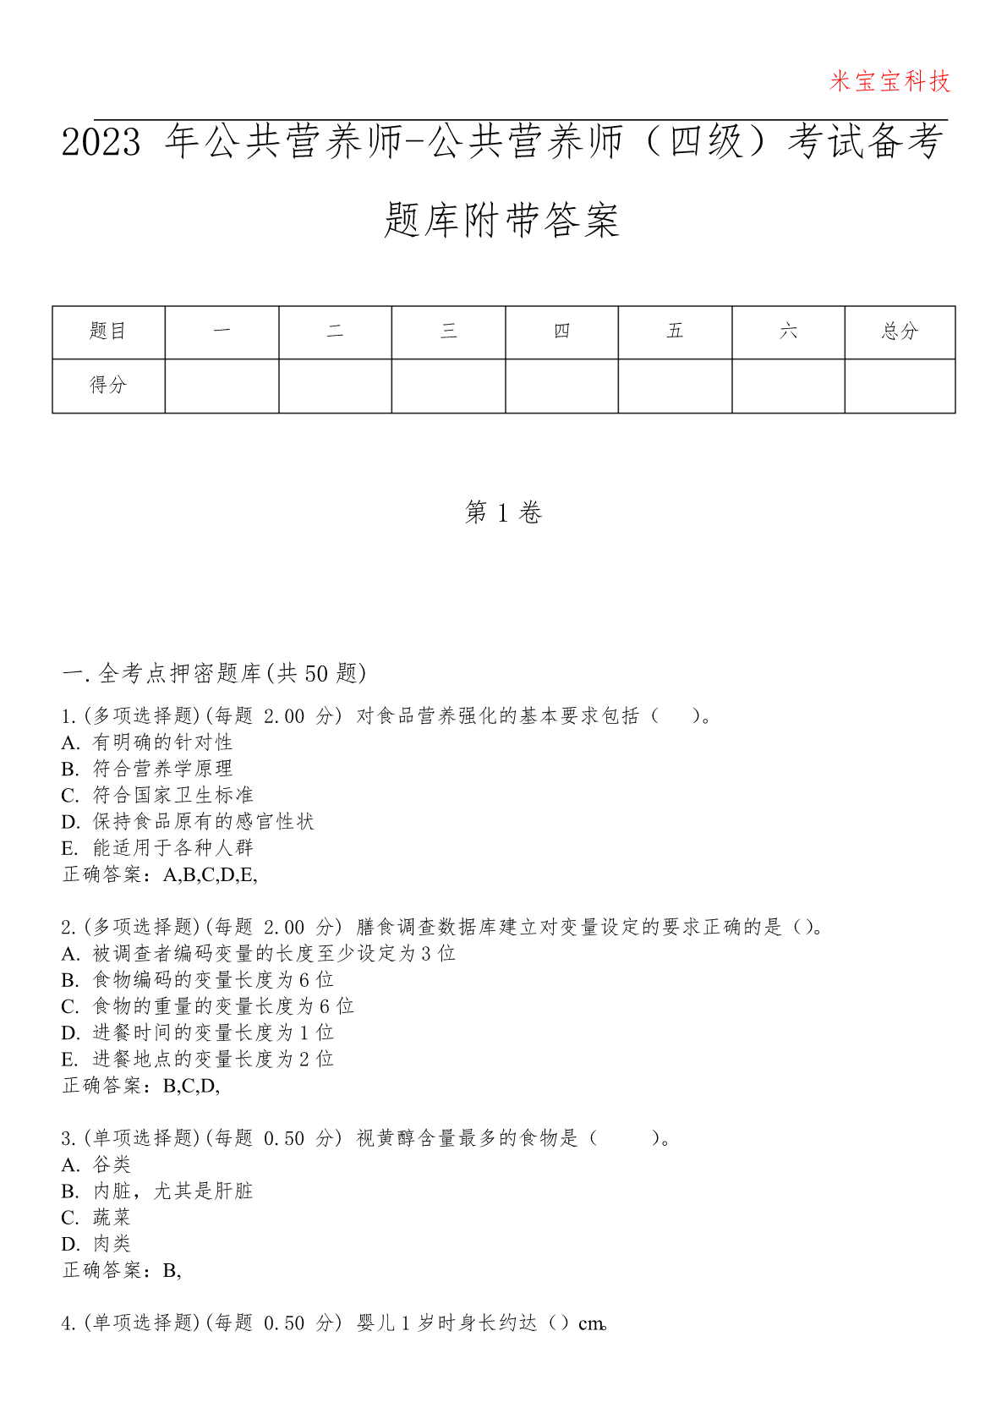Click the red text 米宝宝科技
(889, 81)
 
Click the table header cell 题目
(108, 331)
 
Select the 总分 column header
(900, 331)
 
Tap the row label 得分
(108, 386)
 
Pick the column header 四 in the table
(561, 331)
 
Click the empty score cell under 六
(788, 386)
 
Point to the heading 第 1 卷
(503, 512)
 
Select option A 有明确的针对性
(147, 742)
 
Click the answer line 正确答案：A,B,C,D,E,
(160, 874)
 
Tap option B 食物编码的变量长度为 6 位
(198, 980)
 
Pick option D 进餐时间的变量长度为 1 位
(198, 1032)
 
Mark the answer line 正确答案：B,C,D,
(141, 1086)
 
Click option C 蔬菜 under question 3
(96, 1218)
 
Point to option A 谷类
(96, 1165)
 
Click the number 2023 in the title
(101, 142)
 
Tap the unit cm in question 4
(591, 1323)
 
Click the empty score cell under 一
(222, 386)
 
